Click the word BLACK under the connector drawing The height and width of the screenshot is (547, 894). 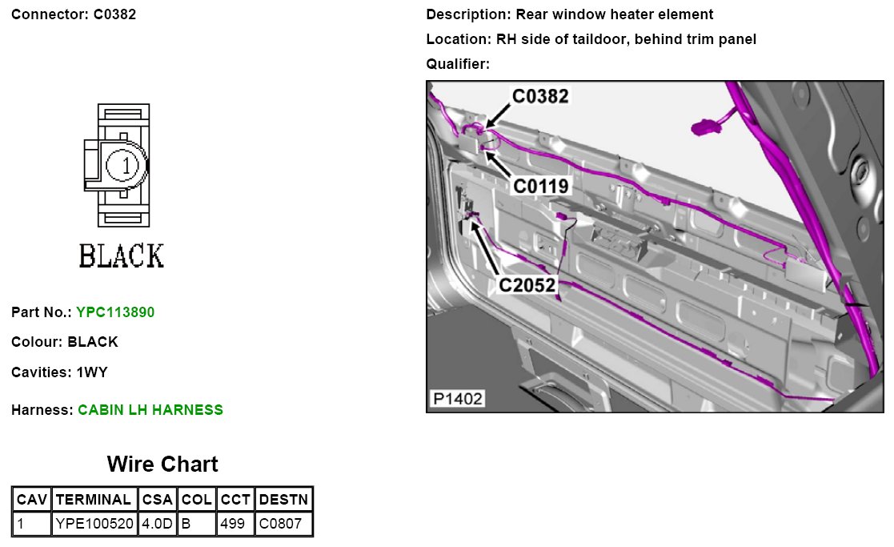(122, 256)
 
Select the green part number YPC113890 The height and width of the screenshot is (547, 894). (115, 312)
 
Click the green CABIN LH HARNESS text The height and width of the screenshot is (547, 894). (150, 410)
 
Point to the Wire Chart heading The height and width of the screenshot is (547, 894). (162, 465)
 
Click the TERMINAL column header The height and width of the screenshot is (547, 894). (94, 500)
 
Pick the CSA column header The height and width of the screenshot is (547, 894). (157, 500)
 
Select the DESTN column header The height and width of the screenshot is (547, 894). (284, 500)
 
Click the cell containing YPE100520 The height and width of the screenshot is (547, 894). (94, 525)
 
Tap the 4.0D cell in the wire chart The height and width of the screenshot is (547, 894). (157, 525)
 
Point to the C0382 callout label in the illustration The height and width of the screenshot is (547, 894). (540, 96)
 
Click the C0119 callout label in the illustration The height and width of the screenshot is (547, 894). (540, 187)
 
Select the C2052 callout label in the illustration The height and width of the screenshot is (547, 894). (527, 284)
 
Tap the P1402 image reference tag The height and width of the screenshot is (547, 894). (458, 398)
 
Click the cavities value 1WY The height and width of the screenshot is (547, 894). (93, 372)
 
